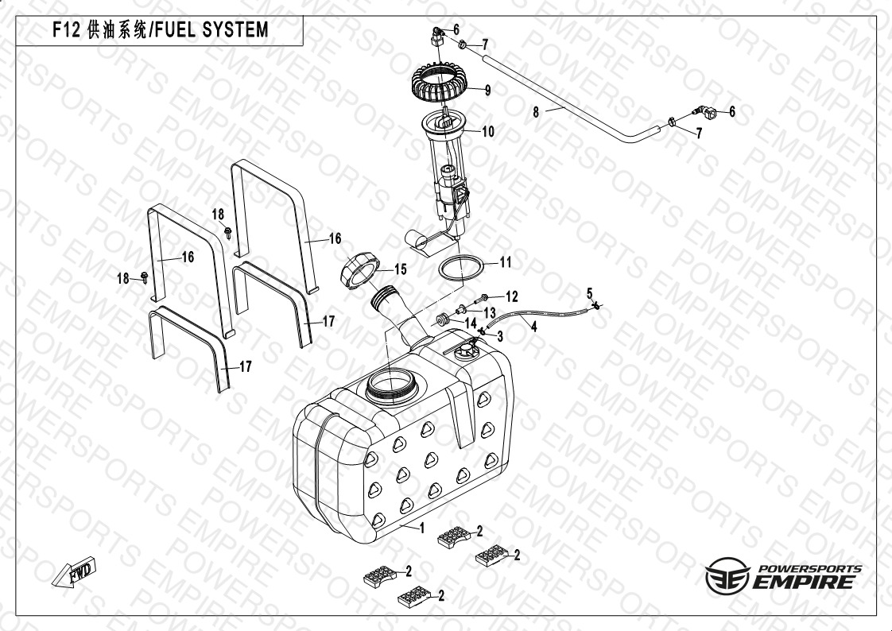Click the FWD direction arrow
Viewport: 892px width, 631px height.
point(74,572)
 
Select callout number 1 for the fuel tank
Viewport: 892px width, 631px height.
point(422,528)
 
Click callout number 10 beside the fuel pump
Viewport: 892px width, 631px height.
point(488,132)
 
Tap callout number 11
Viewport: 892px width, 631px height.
point(506,262)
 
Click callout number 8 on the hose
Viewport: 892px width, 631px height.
point(536,113)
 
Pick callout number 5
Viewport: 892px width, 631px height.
point(590,293)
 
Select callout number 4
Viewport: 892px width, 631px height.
point(534,326)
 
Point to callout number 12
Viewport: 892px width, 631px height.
point(511,296)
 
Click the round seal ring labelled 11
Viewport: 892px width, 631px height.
point(462,268)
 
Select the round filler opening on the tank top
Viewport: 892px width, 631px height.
point(390,385)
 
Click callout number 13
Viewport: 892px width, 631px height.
point(490,312)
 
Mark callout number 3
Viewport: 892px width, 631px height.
point(500,336)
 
